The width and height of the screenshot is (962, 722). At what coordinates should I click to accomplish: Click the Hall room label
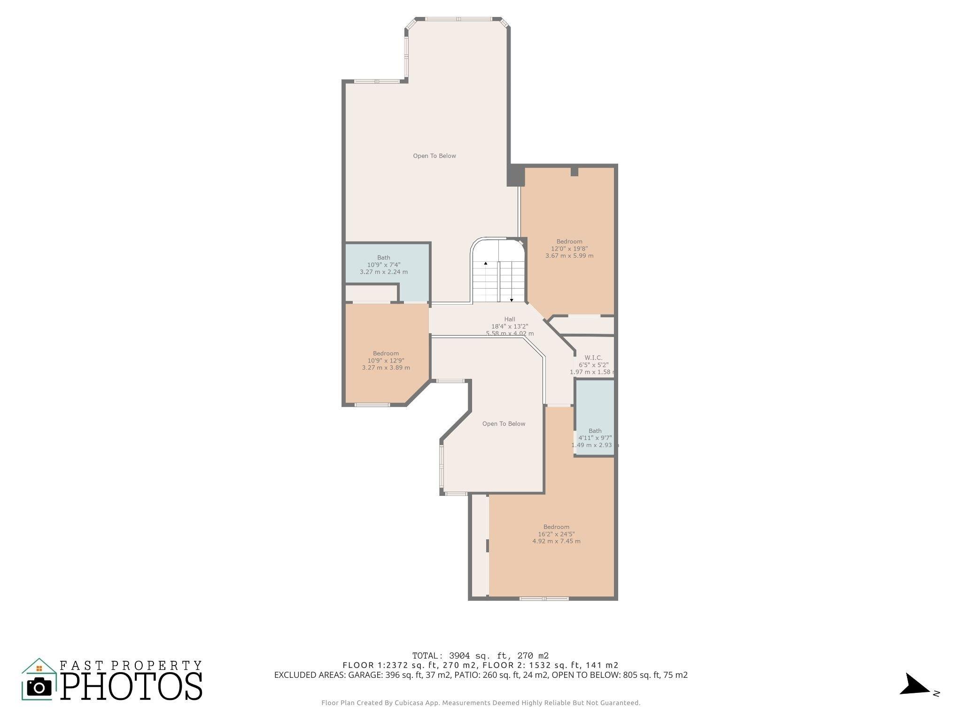510,319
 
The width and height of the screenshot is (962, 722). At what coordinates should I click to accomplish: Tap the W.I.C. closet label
593,358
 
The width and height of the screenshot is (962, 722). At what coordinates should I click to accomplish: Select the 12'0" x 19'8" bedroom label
569,249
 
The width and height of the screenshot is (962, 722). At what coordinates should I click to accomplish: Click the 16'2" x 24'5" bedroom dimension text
556,534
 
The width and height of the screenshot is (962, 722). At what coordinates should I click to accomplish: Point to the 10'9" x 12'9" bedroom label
386,361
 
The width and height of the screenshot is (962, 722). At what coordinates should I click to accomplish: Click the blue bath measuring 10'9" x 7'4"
384,265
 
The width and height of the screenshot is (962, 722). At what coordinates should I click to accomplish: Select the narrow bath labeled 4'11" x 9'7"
595,438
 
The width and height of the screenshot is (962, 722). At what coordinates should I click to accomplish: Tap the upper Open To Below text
434,156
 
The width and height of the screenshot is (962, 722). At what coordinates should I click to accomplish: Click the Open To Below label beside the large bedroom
504,424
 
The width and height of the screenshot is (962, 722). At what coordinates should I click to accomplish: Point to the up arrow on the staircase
486,263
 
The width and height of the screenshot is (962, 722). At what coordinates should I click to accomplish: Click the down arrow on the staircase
512,300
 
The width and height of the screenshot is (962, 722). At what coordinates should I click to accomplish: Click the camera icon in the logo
39,687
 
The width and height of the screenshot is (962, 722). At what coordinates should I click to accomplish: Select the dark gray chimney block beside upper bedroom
515,175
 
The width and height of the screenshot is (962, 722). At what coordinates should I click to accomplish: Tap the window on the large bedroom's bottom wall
544,598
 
